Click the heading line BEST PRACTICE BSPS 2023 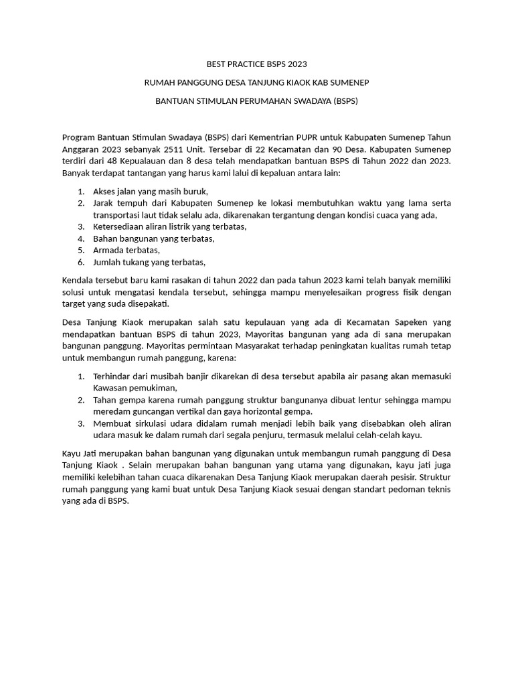[256, 64]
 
